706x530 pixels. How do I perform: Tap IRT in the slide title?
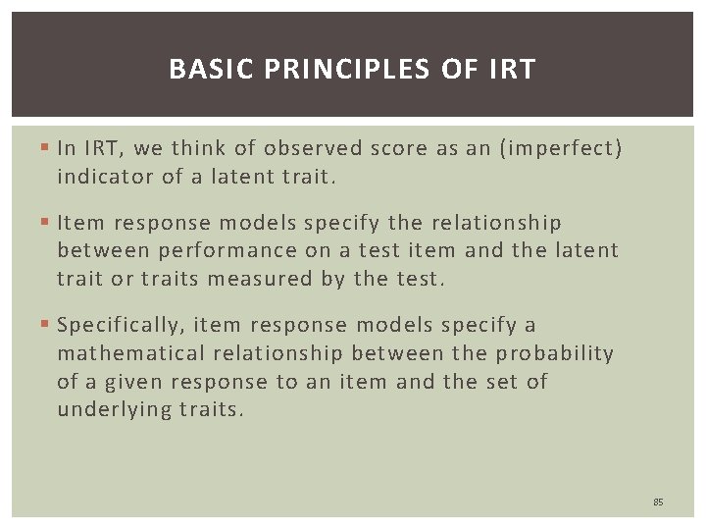pyautogui.click(x=511, y=70)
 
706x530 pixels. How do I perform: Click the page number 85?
pyautogui.click(x=658, y=503)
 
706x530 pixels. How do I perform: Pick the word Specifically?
pyautogui.click(x=121, y=326)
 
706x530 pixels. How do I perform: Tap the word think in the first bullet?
pyautogui.click(x=199, y=149)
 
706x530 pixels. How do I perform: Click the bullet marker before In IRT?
pyautogui.click(x=48, y=149)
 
